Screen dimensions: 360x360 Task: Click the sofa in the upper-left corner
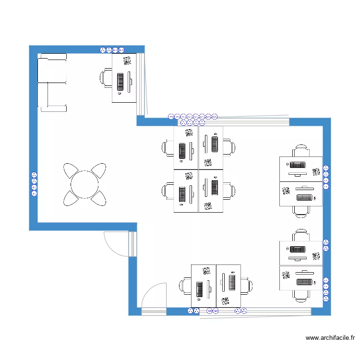[52, 83]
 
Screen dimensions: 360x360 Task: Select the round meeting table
[85, 184]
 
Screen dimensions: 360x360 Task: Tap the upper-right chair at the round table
[98, 170]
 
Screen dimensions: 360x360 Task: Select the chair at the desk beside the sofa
[107, 78]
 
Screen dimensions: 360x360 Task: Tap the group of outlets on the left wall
[34, 184]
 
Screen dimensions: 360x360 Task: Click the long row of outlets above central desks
[193, 116]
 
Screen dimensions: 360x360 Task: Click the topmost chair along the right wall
[301, 150]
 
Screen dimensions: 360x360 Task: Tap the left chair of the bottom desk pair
[186, 287]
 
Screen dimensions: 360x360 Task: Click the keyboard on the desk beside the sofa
[120, 82]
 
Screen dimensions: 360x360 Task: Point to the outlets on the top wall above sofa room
[111, 49]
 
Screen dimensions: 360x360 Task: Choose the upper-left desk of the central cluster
[186, 148]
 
